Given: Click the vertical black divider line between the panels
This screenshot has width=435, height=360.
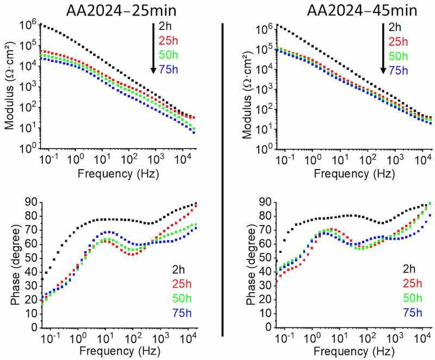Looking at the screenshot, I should pyautogui.click(x=223, y=179).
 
